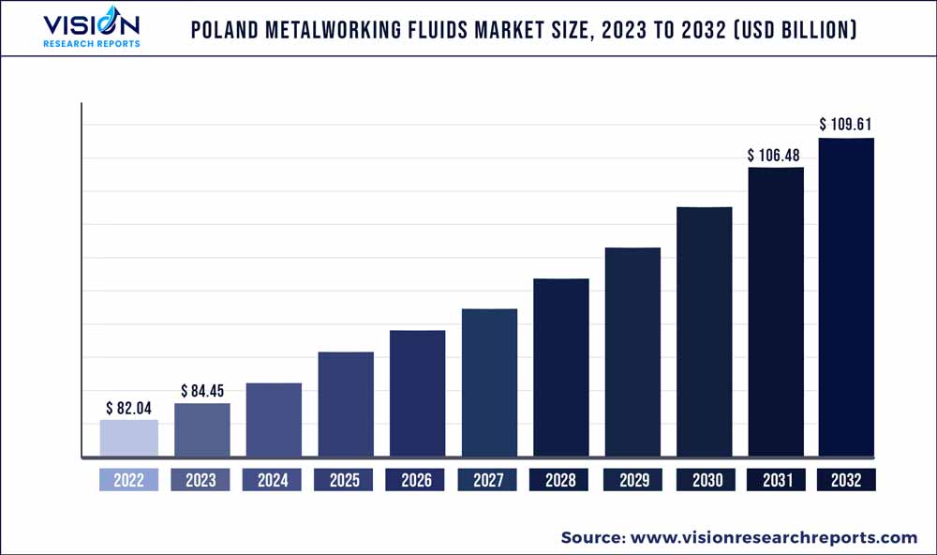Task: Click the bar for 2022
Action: (x=129, y=438)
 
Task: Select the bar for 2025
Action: (x=346, y=404)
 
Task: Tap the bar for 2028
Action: (x=561, y=367)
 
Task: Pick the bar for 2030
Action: (x=705, y=332)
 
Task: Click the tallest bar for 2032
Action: (x=847, y=297)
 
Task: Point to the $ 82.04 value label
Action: (x=128, y=408)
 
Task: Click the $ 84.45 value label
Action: (x=201, y=391)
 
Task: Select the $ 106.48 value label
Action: (x=776, y=155)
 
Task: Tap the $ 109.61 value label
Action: (x=847, y=124)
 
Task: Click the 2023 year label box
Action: (x=201, y=480)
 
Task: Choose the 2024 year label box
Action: (x=273, y=480)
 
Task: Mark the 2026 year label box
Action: (x=417, y=480)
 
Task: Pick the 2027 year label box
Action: (x=489, y=480)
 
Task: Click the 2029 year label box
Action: (x=632, y=480)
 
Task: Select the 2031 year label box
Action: (x=776, y=480)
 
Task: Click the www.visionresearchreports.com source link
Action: (x=774, y=537)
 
